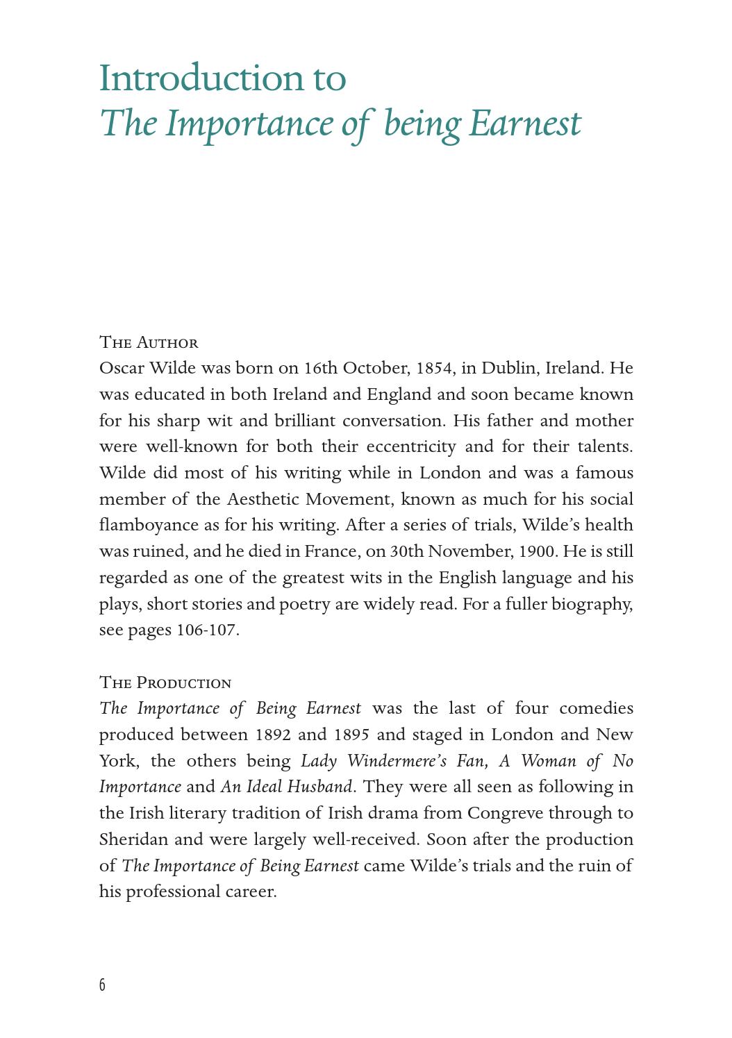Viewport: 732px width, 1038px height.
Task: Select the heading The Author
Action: point(149,342)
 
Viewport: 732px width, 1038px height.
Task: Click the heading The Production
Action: point(165,683)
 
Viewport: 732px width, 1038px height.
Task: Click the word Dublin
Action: point(509,368)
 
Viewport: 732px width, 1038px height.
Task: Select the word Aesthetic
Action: point(263,499)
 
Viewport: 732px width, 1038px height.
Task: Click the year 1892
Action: point(274,735)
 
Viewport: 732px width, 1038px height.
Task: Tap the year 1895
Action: point(351,735)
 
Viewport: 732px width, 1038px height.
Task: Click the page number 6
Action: point(103,985)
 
